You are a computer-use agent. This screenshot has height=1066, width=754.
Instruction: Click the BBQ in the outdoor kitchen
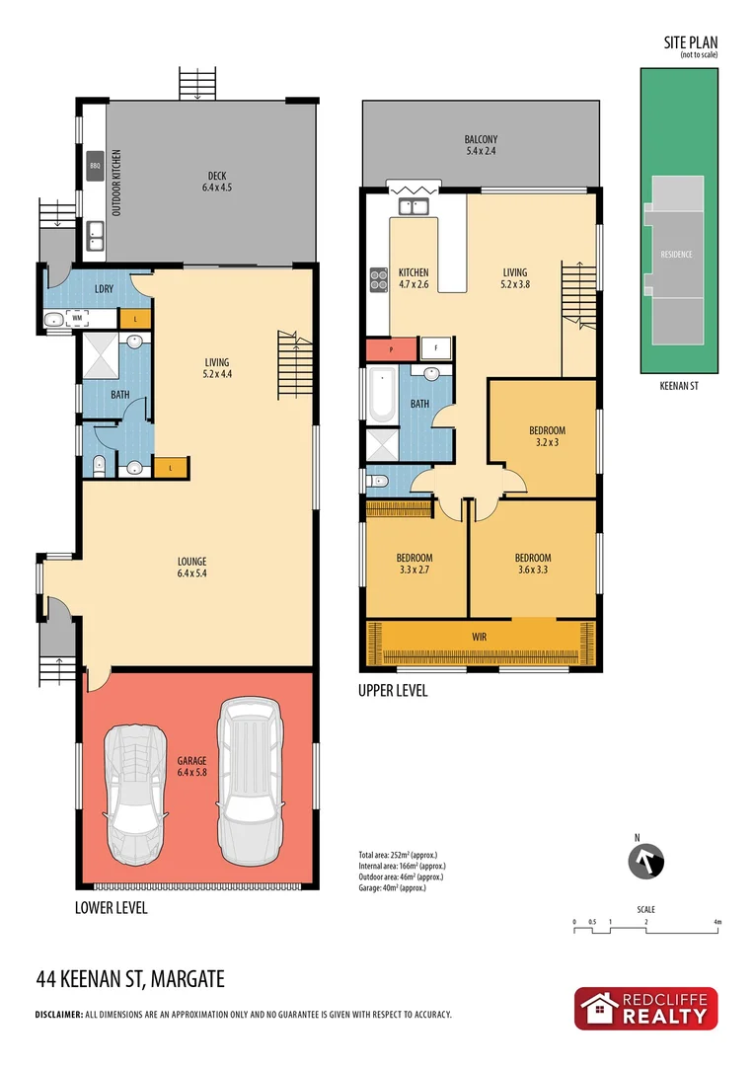96,165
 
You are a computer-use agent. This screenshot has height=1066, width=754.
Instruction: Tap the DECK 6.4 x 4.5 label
215,182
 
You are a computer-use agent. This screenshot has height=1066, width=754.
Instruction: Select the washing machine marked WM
76,319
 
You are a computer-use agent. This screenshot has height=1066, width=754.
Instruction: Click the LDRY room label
104,288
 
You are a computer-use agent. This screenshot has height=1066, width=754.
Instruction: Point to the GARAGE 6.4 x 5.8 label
191,767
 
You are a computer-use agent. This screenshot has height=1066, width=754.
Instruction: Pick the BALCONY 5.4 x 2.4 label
481,145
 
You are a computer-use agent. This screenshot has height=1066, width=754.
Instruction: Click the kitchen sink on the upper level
413,206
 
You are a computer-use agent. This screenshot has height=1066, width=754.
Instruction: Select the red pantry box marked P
391,349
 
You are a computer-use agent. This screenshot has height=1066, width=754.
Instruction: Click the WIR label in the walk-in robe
481,637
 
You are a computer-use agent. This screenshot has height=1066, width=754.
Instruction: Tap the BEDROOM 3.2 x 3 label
547,435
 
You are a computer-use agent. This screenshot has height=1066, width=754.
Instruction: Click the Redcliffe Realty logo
646,1008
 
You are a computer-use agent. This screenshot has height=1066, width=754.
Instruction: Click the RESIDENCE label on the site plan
676,254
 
